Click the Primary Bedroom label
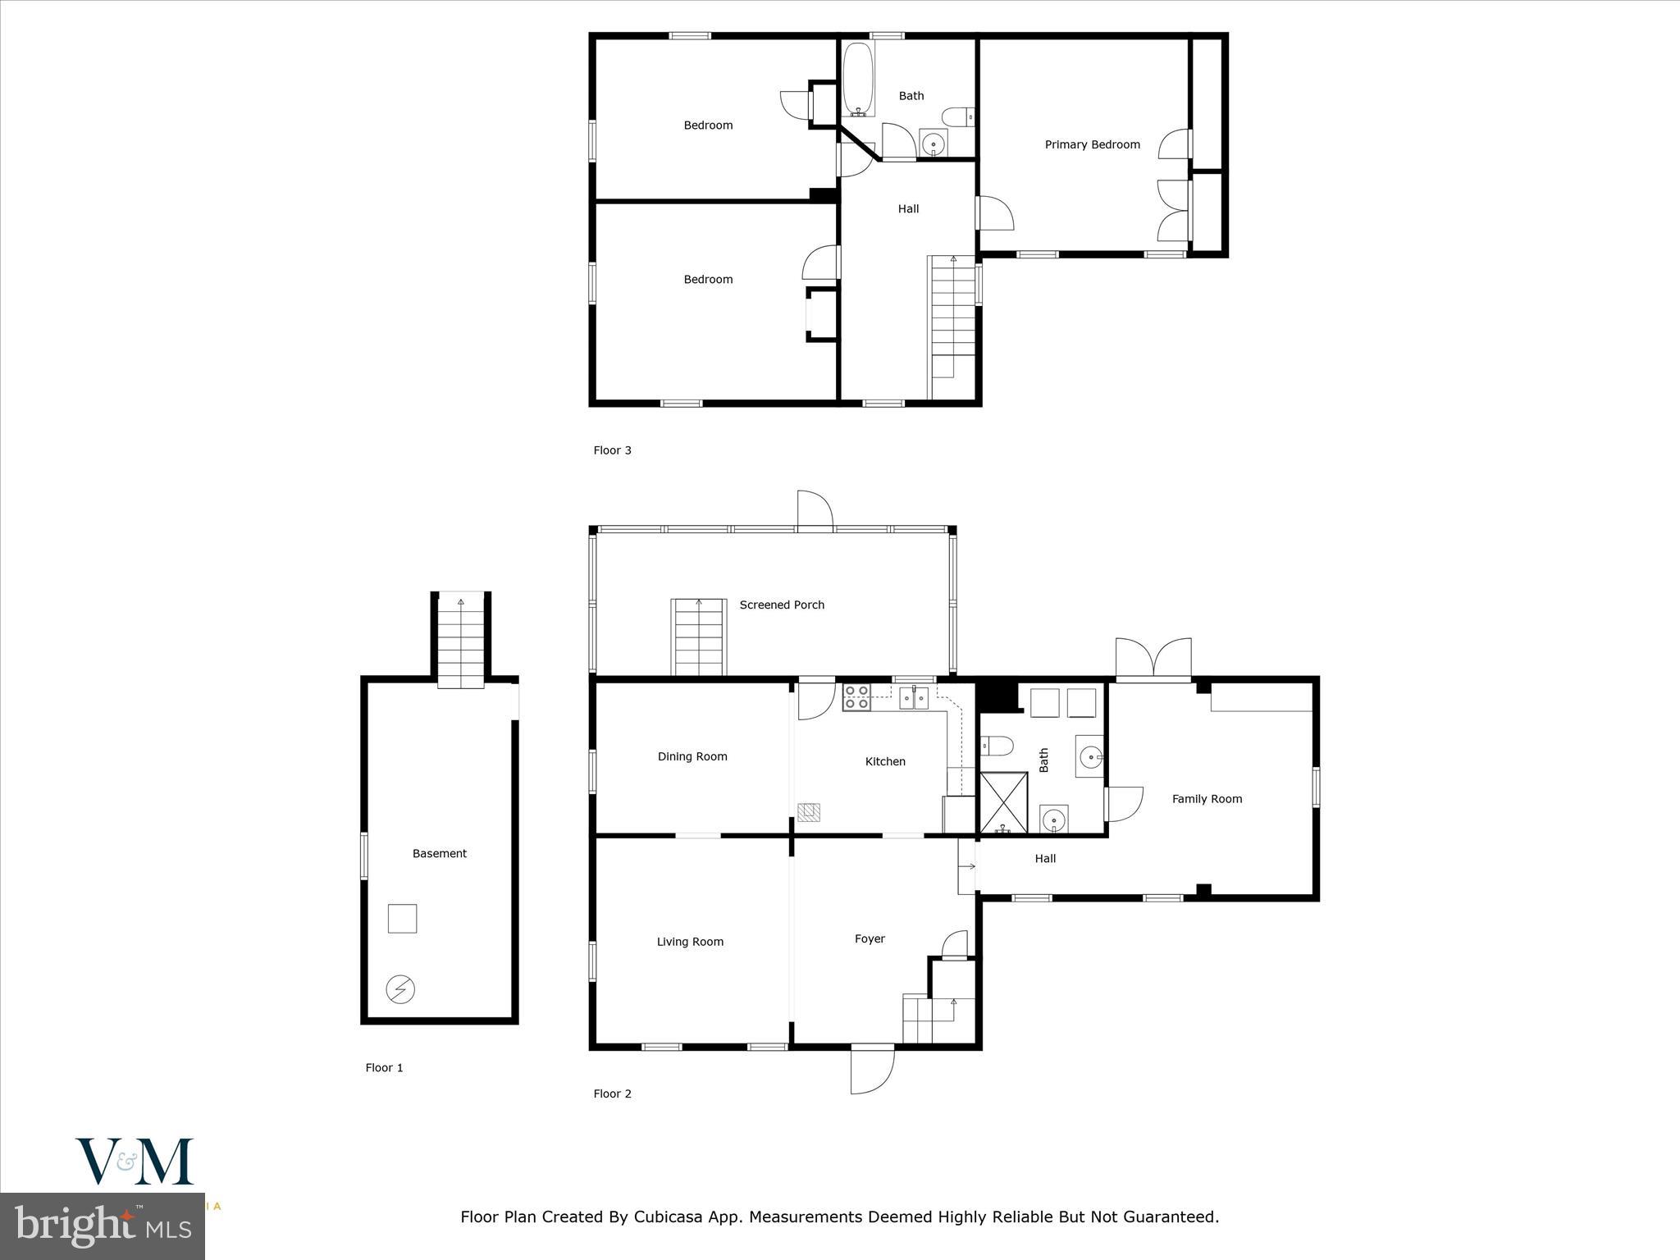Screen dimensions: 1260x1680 point(1092,144)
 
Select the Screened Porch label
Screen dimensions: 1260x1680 point(781,605)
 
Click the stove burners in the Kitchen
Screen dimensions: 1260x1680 point(856,697)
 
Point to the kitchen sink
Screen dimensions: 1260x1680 point(913,698)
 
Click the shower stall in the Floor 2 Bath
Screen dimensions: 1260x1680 point(1003,801)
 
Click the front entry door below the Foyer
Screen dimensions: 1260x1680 point(872,1070)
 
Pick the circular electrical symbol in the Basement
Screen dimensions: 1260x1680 point(400,989)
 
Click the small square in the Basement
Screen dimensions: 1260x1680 point(402,918)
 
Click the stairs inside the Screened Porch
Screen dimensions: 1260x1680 point(699,637)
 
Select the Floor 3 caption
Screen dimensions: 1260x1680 point(612,450)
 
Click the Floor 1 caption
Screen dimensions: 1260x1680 point(384,1067)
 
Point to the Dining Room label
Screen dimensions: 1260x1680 point(692,756)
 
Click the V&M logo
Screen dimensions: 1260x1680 point(135,1161)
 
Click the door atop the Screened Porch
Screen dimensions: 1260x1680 point(815,510)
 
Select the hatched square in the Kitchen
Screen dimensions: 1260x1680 point(809,812)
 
